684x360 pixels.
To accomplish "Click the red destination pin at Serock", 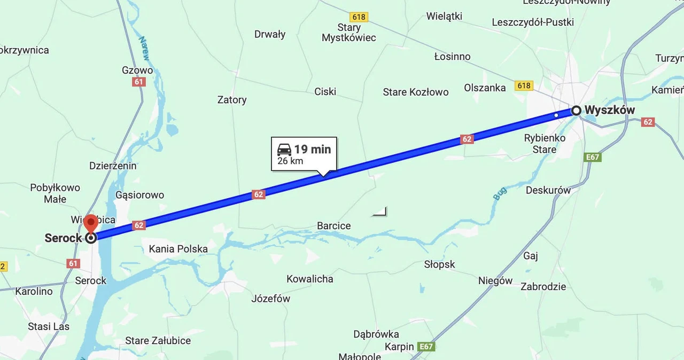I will (91, 223).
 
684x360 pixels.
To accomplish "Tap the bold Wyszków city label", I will (610, 110).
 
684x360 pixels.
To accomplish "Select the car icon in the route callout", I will (284, 149).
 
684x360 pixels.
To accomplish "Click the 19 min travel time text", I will (313, 149).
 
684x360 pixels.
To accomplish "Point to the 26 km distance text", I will (290, 161).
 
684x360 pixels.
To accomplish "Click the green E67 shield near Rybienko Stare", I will (593, 157).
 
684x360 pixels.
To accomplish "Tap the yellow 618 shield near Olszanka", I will (524, 85).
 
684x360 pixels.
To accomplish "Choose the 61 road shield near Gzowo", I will (139, 82).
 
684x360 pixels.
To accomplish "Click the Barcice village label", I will (334, 226).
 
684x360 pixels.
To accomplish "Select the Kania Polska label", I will (178, 249).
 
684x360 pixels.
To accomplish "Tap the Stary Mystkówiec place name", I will (349, 33).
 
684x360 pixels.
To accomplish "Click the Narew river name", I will (144, 48).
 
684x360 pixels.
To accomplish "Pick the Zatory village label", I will (232, 99).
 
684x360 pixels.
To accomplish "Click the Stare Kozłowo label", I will (416, 92).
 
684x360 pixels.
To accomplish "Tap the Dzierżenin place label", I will (112, 166).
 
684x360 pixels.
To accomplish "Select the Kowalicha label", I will (310, 279).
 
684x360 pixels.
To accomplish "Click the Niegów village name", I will (495, 280).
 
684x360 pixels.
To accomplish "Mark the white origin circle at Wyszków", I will (576, 111).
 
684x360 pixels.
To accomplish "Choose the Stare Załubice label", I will (158, 340).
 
